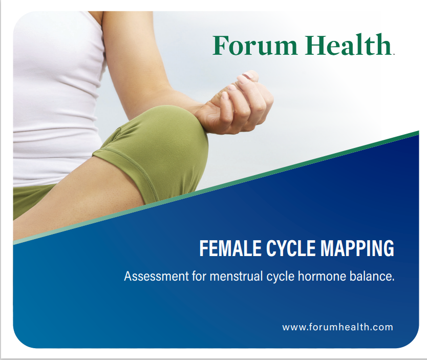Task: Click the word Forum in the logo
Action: tap(254, 45)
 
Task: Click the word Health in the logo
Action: tap(348, 45)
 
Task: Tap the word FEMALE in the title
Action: tap(230, 248)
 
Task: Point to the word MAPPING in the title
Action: tap(357, 248)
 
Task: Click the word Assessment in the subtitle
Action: tap(156, 277)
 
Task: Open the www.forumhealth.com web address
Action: tap(338, 327)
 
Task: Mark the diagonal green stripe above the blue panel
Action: tap(216, 187)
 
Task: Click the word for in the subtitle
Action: tap(199, 277)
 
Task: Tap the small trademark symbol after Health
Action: tap(393, 54)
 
